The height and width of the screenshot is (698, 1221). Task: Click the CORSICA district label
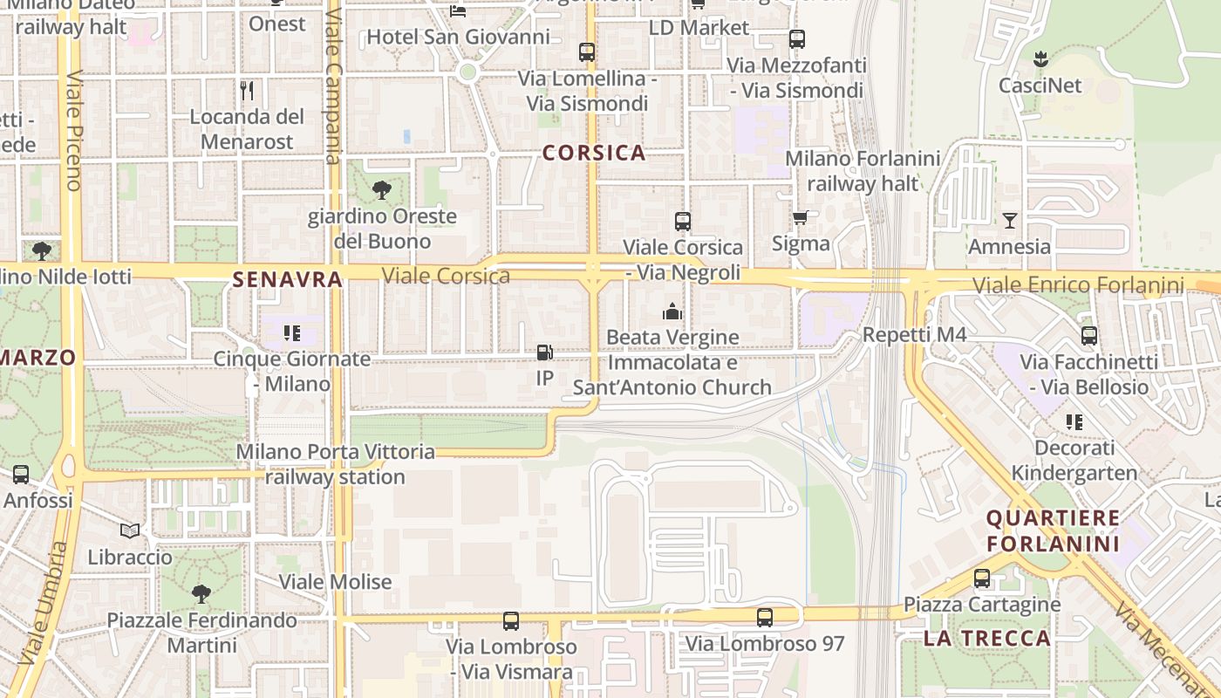click(x=594, y=153)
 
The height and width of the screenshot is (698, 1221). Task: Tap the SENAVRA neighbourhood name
click(x=287, y=279)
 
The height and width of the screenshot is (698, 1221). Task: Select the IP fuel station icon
click(x=544, y=352)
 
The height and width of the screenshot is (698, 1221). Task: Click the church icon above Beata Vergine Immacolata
click(x=672, y=311)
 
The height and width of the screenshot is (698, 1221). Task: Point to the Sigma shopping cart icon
click(x=801, y=217)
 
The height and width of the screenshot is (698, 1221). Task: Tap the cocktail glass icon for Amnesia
click(x=1010, y=221)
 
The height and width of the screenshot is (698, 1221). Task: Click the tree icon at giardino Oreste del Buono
click(x=381, y=189)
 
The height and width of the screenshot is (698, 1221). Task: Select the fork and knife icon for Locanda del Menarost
click(x=247, y=90)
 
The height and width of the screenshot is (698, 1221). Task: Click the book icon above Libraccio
click(x=130, y=530)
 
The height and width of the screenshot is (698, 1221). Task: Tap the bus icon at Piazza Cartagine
click(x=982, y=578)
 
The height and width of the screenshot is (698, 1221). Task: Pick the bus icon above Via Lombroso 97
click(x=765, y=618)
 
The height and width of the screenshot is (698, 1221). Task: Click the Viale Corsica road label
click(x=446, y=277)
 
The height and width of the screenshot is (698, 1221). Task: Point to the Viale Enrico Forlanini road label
click(x=1078, y=285)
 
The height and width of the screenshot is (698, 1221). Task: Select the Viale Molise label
click(x=335, y=582)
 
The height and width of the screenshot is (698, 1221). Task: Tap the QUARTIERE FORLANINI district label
click(x=1053, y=530)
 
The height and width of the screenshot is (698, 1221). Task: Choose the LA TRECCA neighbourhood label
click(x=986, y=638)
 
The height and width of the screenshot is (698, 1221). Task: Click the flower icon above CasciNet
click(x=1040, y=60)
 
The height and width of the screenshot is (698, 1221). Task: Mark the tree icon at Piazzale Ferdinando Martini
click(x=201, y=594)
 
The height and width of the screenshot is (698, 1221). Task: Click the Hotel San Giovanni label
click(x=458, y=37)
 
